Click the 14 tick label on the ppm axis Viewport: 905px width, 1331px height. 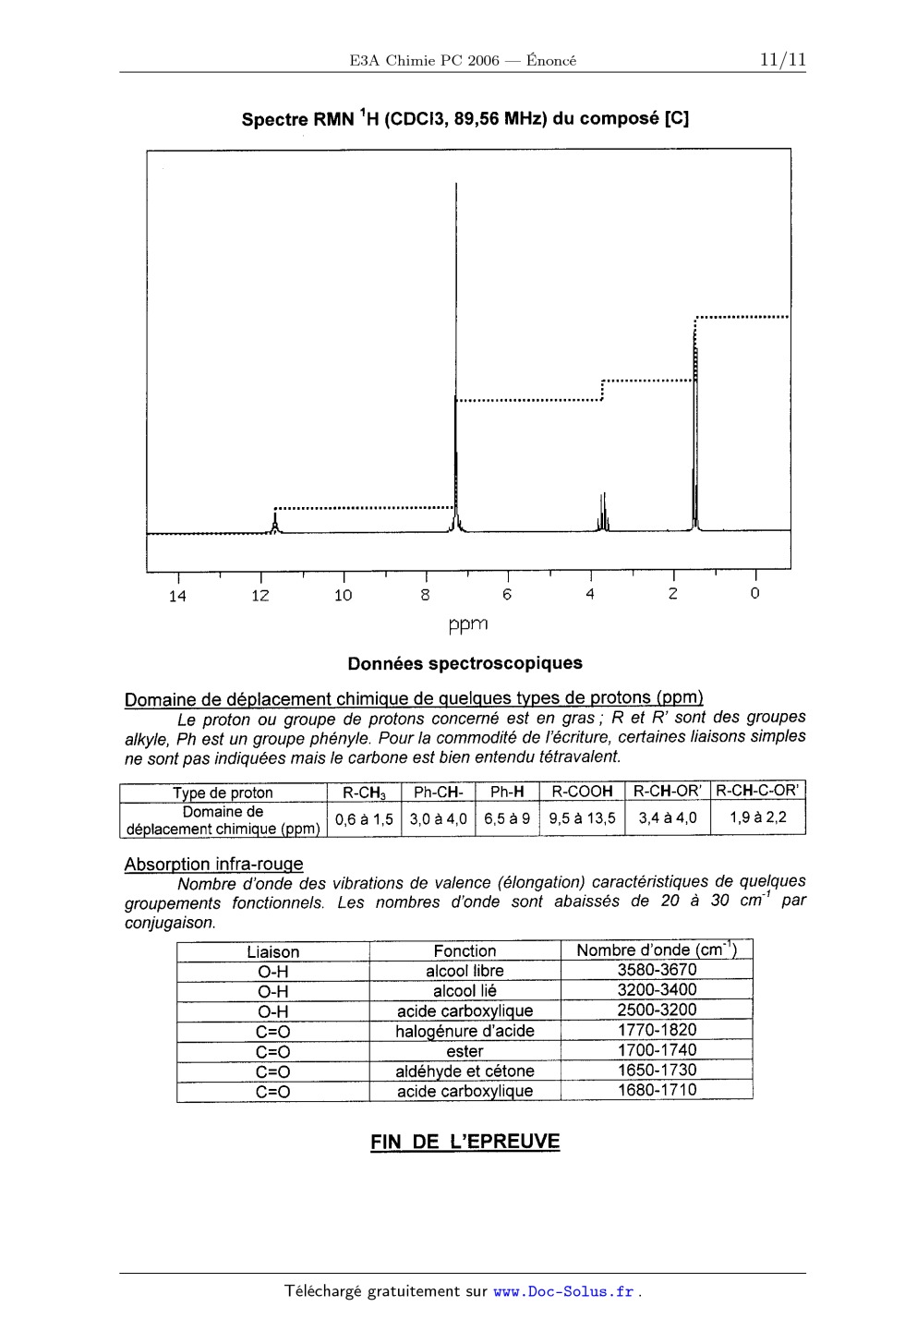[x=177, y=597]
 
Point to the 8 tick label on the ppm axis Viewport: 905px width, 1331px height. [x=425, y=596]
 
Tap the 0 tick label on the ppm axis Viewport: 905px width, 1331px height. [x=754, y=594]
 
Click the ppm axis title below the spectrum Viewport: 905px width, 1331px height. [x=468, y=625]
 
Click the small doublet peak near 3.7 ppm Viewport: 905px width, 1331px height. [x=603, y=513]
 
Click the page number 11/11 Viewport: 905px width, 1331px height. [x=782, y=60]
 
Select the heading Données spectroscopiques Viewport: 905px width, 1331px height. [x=465, y=663]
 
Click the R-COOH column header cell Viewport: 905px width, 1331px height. [x=582, y=792]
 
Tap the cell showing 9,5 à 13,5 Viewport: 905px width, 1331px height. [x=582, y=818]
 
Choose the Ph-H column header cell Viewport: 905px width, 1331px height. [x=507, y=792]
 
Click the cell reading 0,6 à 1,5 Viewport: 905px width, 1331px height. [x=364, y=819]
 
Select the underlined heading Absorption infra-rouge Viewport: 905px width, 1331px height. [x=213, y=865]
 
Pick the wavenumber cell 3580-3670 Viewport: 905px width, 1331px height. [x=657, y=970]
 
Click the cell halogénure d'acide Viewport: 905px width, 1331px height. [x=465, y=1031]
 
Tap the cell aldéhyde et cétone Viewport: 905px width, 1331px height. [x=465, y=1071]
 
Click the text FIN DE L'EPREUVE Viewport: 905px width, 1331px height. [x=465, y=1142]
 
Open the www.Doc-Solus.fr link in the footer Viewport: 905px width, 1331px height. [x=564, y=1291]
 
